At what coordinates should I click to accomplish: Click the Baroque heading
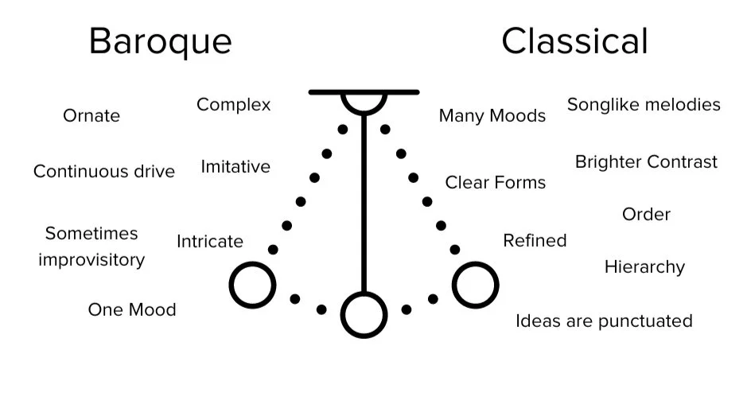coord(160,41)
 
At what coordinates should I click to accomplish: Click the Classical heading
coord(574,41)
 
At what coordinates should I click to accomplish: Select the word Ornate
coord(91,116)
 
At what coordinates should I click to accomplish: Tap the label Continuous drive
coord(104,172)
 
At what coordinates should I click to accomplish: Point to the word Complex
coord(234,105)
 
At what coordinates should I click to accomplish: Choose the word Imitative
coord(235,167)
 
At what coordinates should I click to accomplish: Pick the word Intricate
coord(210,241)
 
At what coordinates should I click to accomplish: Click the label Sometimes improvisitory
coord(91,247)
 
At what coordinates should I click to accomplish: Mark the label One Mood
coord(132,309)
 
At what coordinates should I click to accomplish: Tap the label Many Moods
coord(492,116)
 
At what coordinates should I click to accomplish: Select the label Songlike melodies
coord(644,105)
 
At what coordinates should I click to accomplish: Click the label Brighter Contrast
coord(646,162)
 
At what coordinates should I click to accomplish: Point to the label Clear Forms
coord(496,183)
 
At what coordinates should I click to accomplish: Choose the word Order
coord(646,215)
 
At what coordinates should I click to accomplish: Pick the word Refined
coord(535,241)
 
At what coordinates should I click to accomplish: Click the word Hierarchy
coord(644,267)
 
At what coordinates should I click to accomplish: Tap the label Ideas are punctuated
coord(604,321)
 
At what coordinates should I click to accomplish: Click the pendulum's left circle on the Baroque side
coord(252,285)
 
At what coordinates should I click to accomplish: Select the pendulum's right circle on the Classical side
coord(475,285)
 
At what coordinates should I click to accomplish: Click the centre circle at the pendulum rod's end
coord(364,314)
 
